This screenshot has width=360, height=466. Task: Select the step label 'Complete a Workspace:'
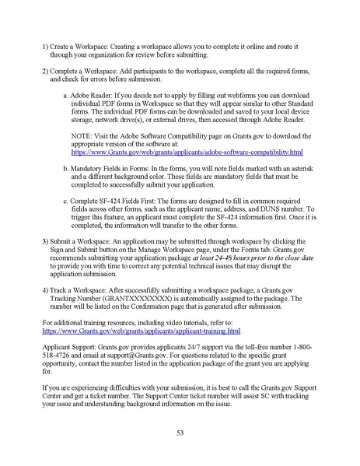coord(85,70)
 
